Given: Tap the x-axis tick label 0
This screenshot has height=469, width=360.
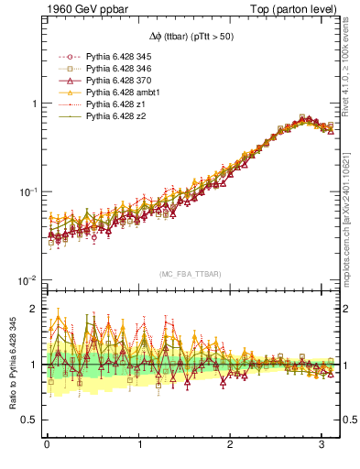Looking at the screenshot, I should (47, 446).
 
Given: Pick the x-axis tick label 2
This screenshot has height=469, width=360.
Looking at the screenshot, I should (230, 446).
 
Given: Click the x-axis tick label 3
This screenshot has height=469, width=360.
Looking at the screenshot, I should (322, 446).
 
